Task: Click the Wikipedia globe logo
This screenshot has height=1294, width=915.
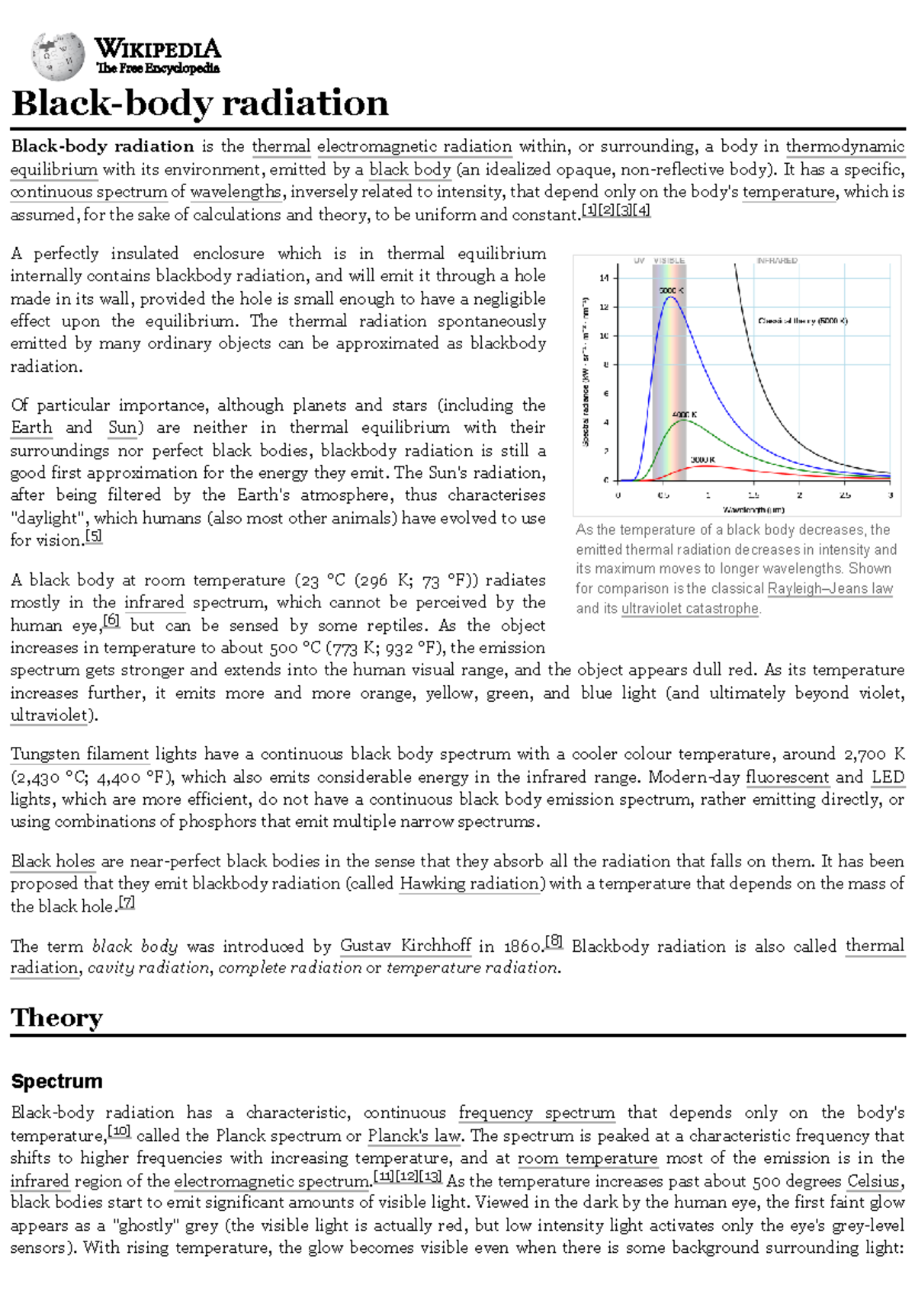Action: pyautogui.click(x=58, y=56)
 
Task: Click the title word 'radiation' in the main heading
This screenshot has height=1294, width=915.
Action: pyautogui.click(x=305, y=104)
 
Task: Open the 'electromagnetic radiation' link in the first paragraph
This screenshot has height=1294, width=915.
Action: pyautogui.click(x=414, y=146)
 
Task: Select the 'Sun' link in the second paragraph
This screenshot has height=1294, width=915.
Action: pyautogui.click(x=122, y=428)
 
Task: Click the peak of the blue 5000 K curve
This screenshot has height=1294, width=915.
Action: pyautogui.click(x=670, y=297)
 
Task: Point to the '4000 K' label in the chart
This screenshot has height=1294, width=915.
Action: pyautogui.click(x=684, y=415)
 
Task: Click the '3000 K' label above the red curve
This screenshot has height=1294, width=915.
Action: pyautogui.click(x=702, y=460)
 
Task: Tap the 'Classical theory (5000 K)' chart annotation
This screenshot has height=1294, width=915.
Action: pyautogui.click(x=802, y=321)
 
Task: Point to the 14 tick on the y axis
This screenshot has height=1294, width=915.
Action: pyautogui.click(x=605, y=278)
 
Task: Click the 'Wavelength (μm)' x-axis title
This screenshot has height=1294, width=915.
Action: pyautogui.click(x=753, y=509)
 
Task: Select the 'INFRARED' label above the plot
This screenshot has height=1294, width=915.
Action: pyautogui.click(x=776, y=261)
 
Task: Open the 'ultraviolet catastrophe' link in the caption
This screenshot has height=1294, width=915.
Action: pyautogui.click(x=690, y=609)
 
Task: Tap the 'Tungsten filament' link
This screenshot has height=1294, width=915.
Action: pyautogui.click(x=79, y=754)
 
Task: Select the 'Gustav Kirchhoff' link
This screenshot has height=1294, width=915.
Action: pyautogui.click(x=405, y=946)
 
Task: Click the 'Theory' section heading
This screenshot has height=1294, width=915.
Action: pyautogui.click(x=56, y=1018)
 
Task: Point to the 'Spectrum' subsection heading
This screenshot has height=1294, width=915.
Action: pyautogui.click(x=56, y=1081)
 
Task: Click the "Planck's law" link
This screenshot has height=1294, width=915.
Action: pyautogui.click(x=414, y=1136)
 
